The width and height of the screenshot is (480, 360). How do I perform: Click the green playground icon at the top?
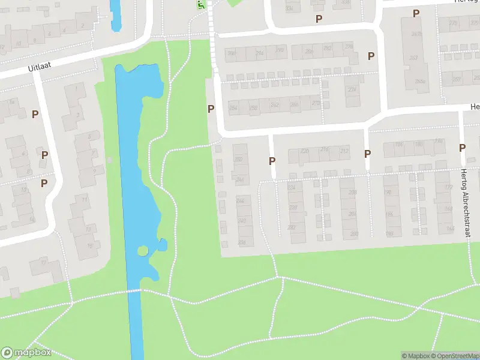[x=201, y=4]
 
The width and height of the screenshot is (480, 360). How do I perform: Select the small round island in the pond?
[x=143, y=251]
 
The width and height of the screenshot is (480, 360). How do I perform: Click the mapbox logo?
[x=26, y=353]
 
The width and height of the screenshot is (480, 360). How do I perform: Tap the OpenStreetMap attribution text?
[x=454, y=356]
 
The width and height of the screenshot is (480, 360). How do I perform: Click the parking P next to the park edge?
[x=211, y=109]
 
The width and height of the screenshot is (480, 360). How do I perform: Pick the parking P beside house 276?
[x=371, y=56]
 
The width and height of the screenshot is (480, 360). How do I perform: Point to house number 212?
[x=343, y=151]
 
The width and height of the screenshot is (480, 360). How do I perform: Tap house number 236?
[x=242, y=242]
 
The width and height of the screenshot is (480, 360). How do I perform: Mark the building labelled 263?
[x=413, y=58]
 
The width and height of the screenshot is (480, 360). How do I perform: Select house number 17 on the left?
[x=43, y=262]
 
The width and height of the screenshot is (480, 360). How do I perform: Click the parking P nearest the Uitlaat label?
[x=35, y=114]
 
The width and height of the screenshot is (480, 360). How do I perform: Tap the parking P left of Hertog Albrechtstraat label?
[x=462, y=148]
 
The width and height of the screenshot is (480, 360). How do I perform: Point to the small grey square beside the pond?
[x=109, y=160]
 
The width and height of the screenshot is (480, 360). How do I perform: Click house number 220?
[x=305, y=151]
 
